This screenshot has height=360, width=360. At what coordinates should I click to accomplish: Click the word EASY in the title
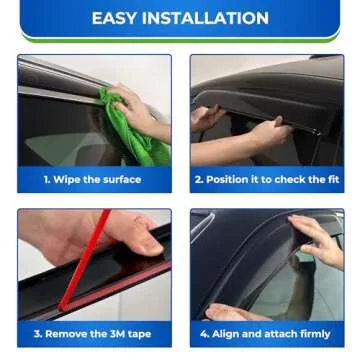(x=116, y=18)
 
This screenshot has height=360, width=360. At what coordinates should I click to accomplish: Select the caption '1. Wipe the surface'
(x=92, y=180)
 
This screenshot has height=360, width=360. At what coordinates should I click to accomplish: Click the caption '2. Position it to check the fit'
(x=267, y=180)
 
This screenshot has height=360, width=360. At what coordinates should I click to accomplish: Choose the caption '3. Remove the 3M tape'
(x=92, y=334)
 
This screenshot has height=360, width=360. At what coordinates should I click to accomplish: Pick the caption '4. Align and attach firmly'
(x=267, y=334)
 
